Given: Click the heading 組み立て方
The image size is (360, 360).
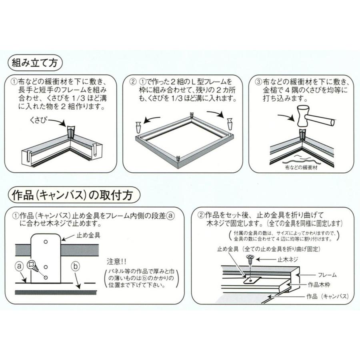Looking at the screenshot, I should click(35, 62).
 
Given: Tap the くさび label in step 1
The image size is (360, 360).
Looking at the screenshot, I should click(39, 120).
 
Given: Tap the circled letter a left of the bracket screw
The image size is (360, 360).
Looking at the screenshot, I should click(18, 265).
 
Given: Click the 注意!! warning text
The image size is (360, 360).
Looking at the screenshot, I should click(116, 262).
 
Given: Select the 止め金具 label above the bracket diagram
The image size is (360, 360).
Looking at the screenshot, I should click(88, 235).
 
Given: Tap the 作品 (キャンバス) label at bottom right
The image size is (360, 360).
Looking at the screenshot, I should click(326, 297).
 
